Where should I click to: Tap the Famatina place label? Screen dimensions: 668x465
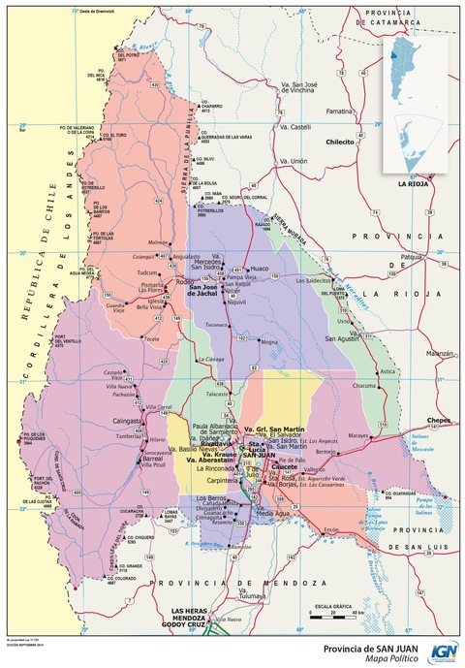click(339, 111)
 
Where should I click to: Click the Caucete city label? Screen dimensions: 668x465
click(284, 465)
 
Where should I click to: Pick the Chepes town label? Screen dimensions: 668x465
click(440, 420)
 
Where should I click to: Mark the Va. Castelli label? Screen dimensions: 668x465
click(294, 127)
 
